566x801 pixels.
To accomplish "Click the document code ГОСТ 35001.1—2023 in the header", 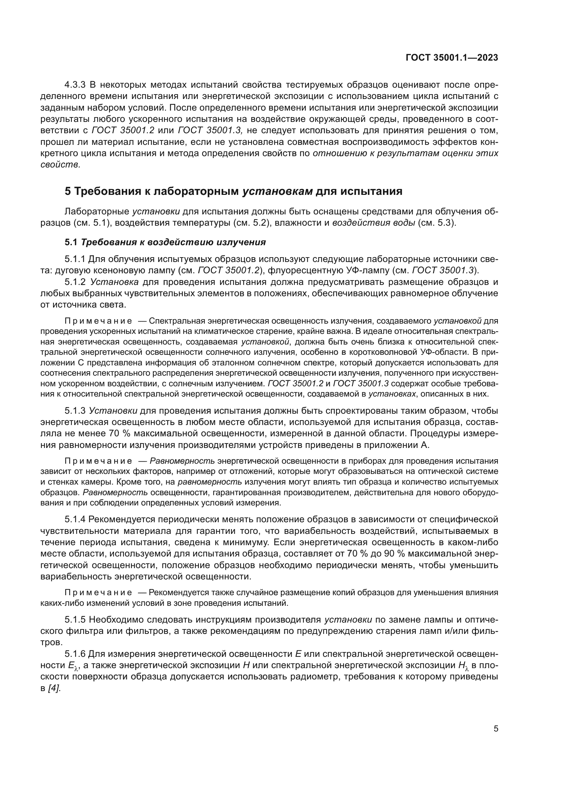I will click(452, 58).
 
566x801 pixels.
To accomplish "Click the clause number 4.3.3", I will click(76, 85).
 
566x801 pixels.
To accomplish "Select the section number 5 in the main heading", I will click(68, 191).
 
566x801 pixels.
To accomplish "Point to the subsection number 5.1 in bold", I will click(71, 242).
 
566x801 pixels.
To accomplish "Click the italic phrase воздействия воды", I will click(373, 223).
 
